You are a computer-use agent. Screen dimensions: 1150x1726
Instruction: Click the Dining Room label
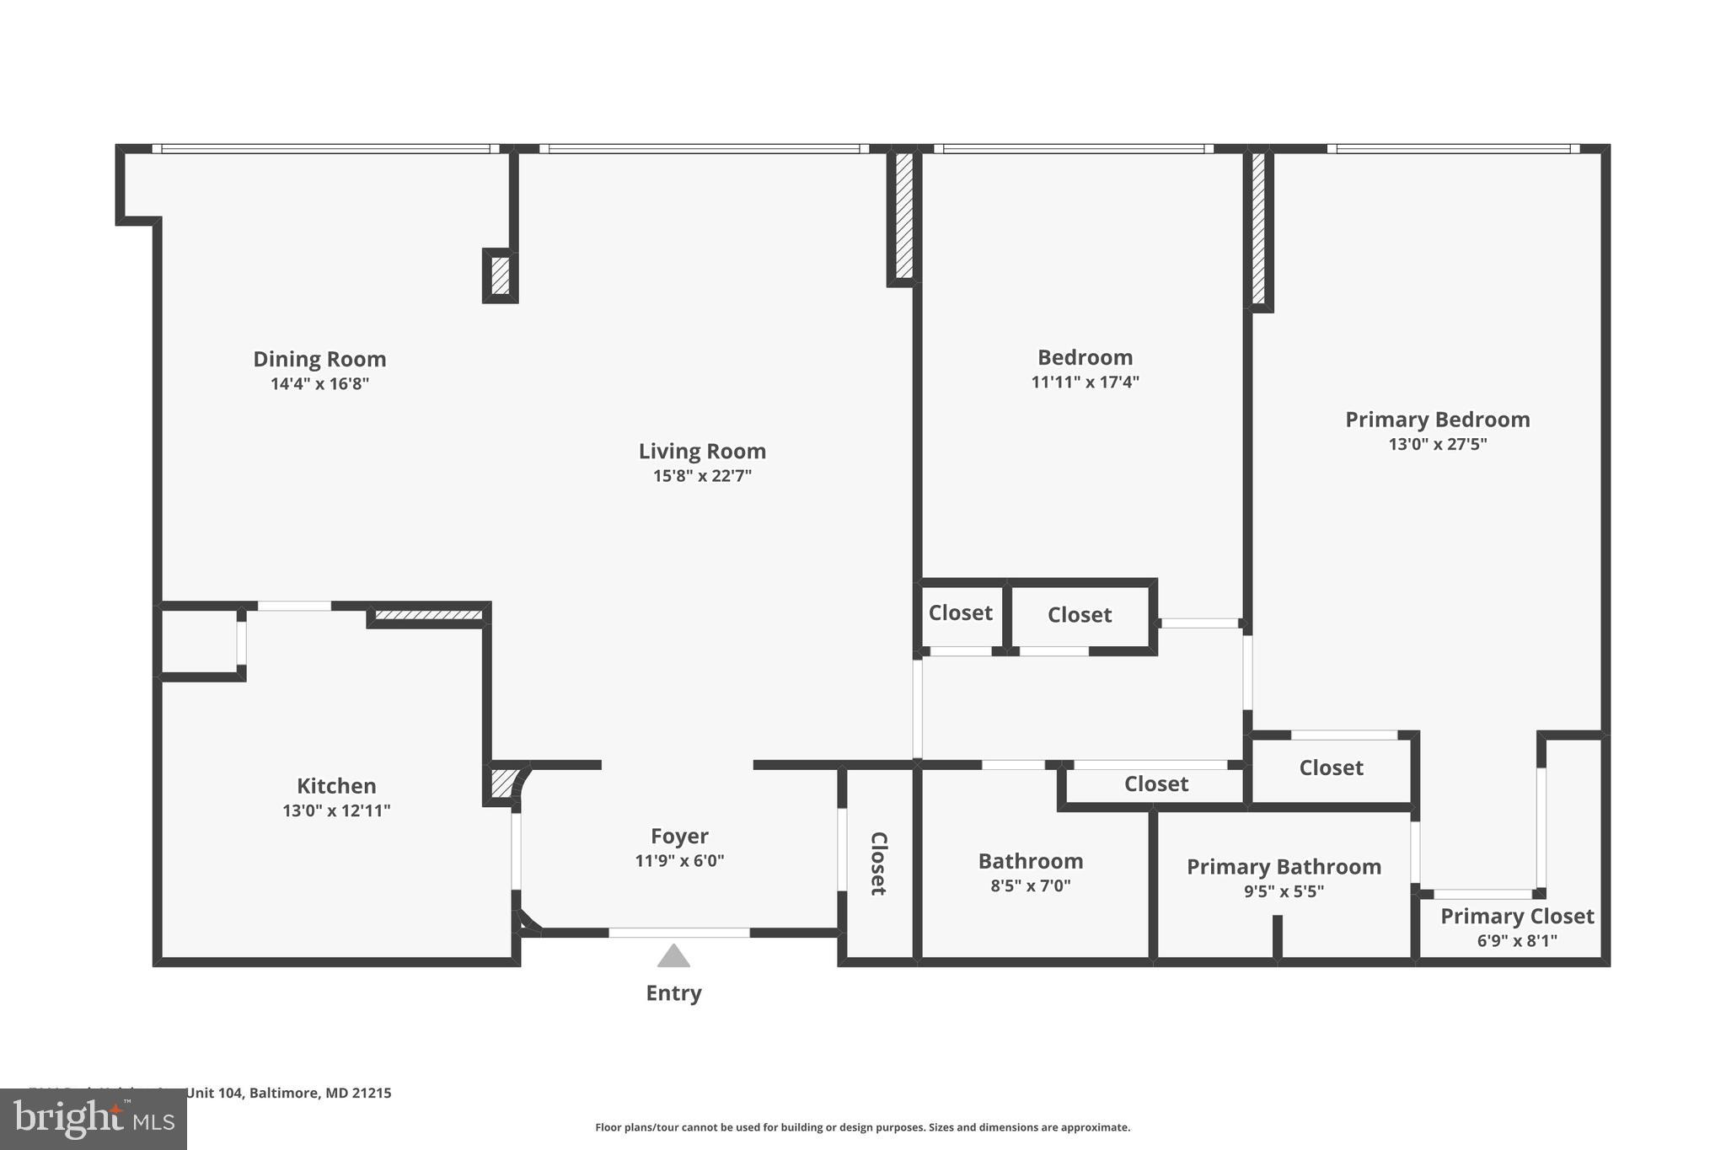click(319, 359)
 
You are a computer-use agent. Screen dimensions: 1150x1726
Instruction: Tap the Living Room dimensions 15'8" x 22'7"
click(702, 476)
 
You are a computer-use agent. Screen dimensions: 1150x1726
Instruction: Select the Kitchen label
click(336, 786)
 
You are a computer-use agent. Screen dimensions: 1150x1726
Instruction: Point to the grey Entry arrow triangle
click(673, 957)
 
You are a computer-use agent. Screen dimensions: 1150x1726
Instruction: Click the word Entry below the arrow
click(673, 993)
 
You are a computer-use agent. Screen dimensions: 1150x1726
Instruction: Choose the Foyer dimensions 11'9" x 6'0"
click(679, 861)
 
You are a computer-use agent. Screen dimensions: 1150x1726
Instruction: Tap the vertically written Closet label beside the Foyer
click(878, 864)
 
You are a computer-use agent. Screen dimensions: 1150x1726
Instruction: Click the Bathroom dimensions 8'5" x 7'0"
click(1030, 885)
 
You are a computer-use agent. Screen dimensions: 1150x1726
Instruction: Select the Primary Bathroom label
click(1284, 867)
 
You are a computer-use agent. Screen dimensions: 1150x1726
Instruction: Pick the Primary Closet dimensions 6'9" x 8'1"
click(1517, 941)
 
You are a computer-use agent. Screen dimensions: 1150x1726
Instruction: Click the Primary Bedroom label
click(1437, 420)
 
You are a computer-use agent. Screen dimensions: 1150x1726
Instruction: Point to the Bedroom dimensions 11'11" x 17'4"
click(1085, 382)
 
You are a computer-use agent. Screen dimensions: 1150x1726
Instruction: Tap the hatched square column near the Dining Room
click(500, 276)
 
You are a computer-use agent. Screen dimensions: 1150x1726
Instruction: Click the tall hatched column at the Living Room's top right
click(903, 216)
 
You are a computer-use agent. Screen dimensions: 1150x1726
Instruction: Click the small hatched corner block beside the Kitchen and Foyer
click(502, 783)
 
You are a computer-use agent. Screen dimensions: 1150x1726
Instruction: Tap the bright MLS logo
click(94, 1119)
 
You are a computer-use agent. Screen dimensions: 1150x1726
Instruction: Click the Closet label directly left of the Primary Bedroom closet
click(1155, 784)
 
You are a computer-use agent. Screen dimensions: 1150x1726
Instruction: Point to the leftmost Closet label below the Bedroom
click(960, 613)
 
